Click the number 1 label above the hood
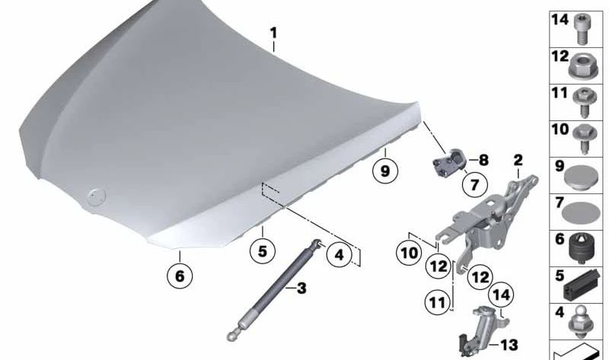click(x=274, y=33)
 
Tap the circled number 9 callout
click(x=385, y=171)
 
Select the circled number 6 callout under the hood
click(x=180, y=276)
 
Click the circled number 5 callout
click(x=263, y=251)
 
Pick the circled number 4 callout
click(x=339, y=255)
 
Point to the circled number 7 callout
click(x=474, y=185)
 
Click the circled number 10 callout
click(x=409, y=253)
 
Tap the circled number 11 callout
click(x=437, y=301)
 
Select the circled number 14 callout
click(x=501, y=295)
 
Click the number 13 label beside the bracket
click(x=509, y=345)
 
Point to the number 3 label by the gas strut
click(x=301, y=288)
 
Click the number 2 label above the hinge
click(x=518, y=160)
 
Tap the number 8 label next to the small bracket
click(x=483, y=160)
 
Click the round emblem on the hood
click(x=97, y=196)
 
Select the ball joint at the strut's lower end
click(x=233, y=336)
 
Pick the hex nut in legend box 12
click(x=581, y=65)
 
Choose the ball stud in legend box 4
click(x=581, y=321)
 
